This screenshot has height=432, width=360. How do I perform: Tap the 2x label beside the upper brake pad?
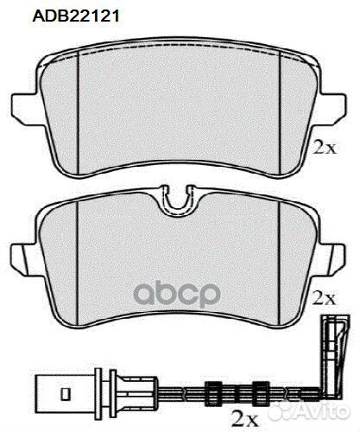click(x=325, y=148)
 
